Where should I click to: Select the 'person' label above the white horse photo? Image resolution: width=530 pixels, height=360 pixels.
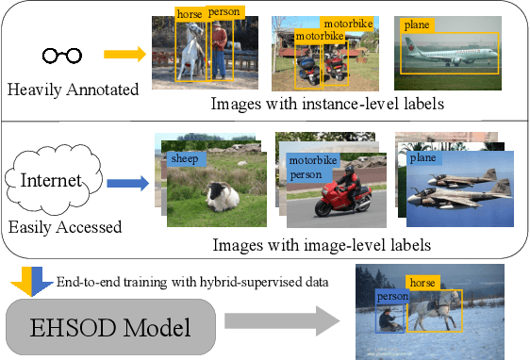224,12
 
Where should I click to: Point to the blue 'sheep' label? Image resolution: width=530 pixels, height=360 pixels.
185,159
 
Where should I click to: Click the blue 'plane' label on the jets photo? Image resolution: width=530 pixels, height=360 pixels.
422,158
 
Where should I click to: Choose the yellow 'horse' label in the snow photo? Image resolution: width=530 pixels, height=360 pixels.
422,281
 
